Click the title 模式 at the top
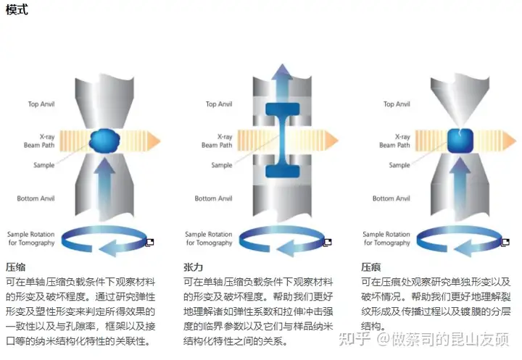point(17,11)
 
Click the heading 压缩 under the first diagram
point(17,267)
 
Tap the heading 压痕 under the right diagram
point(371,267)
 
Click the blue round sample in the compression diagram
point(107,139)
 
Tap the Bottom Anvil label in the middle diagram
point(215,198)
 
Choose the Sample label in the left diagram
point(44,165)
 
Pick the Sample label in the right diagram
point(399,165)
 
